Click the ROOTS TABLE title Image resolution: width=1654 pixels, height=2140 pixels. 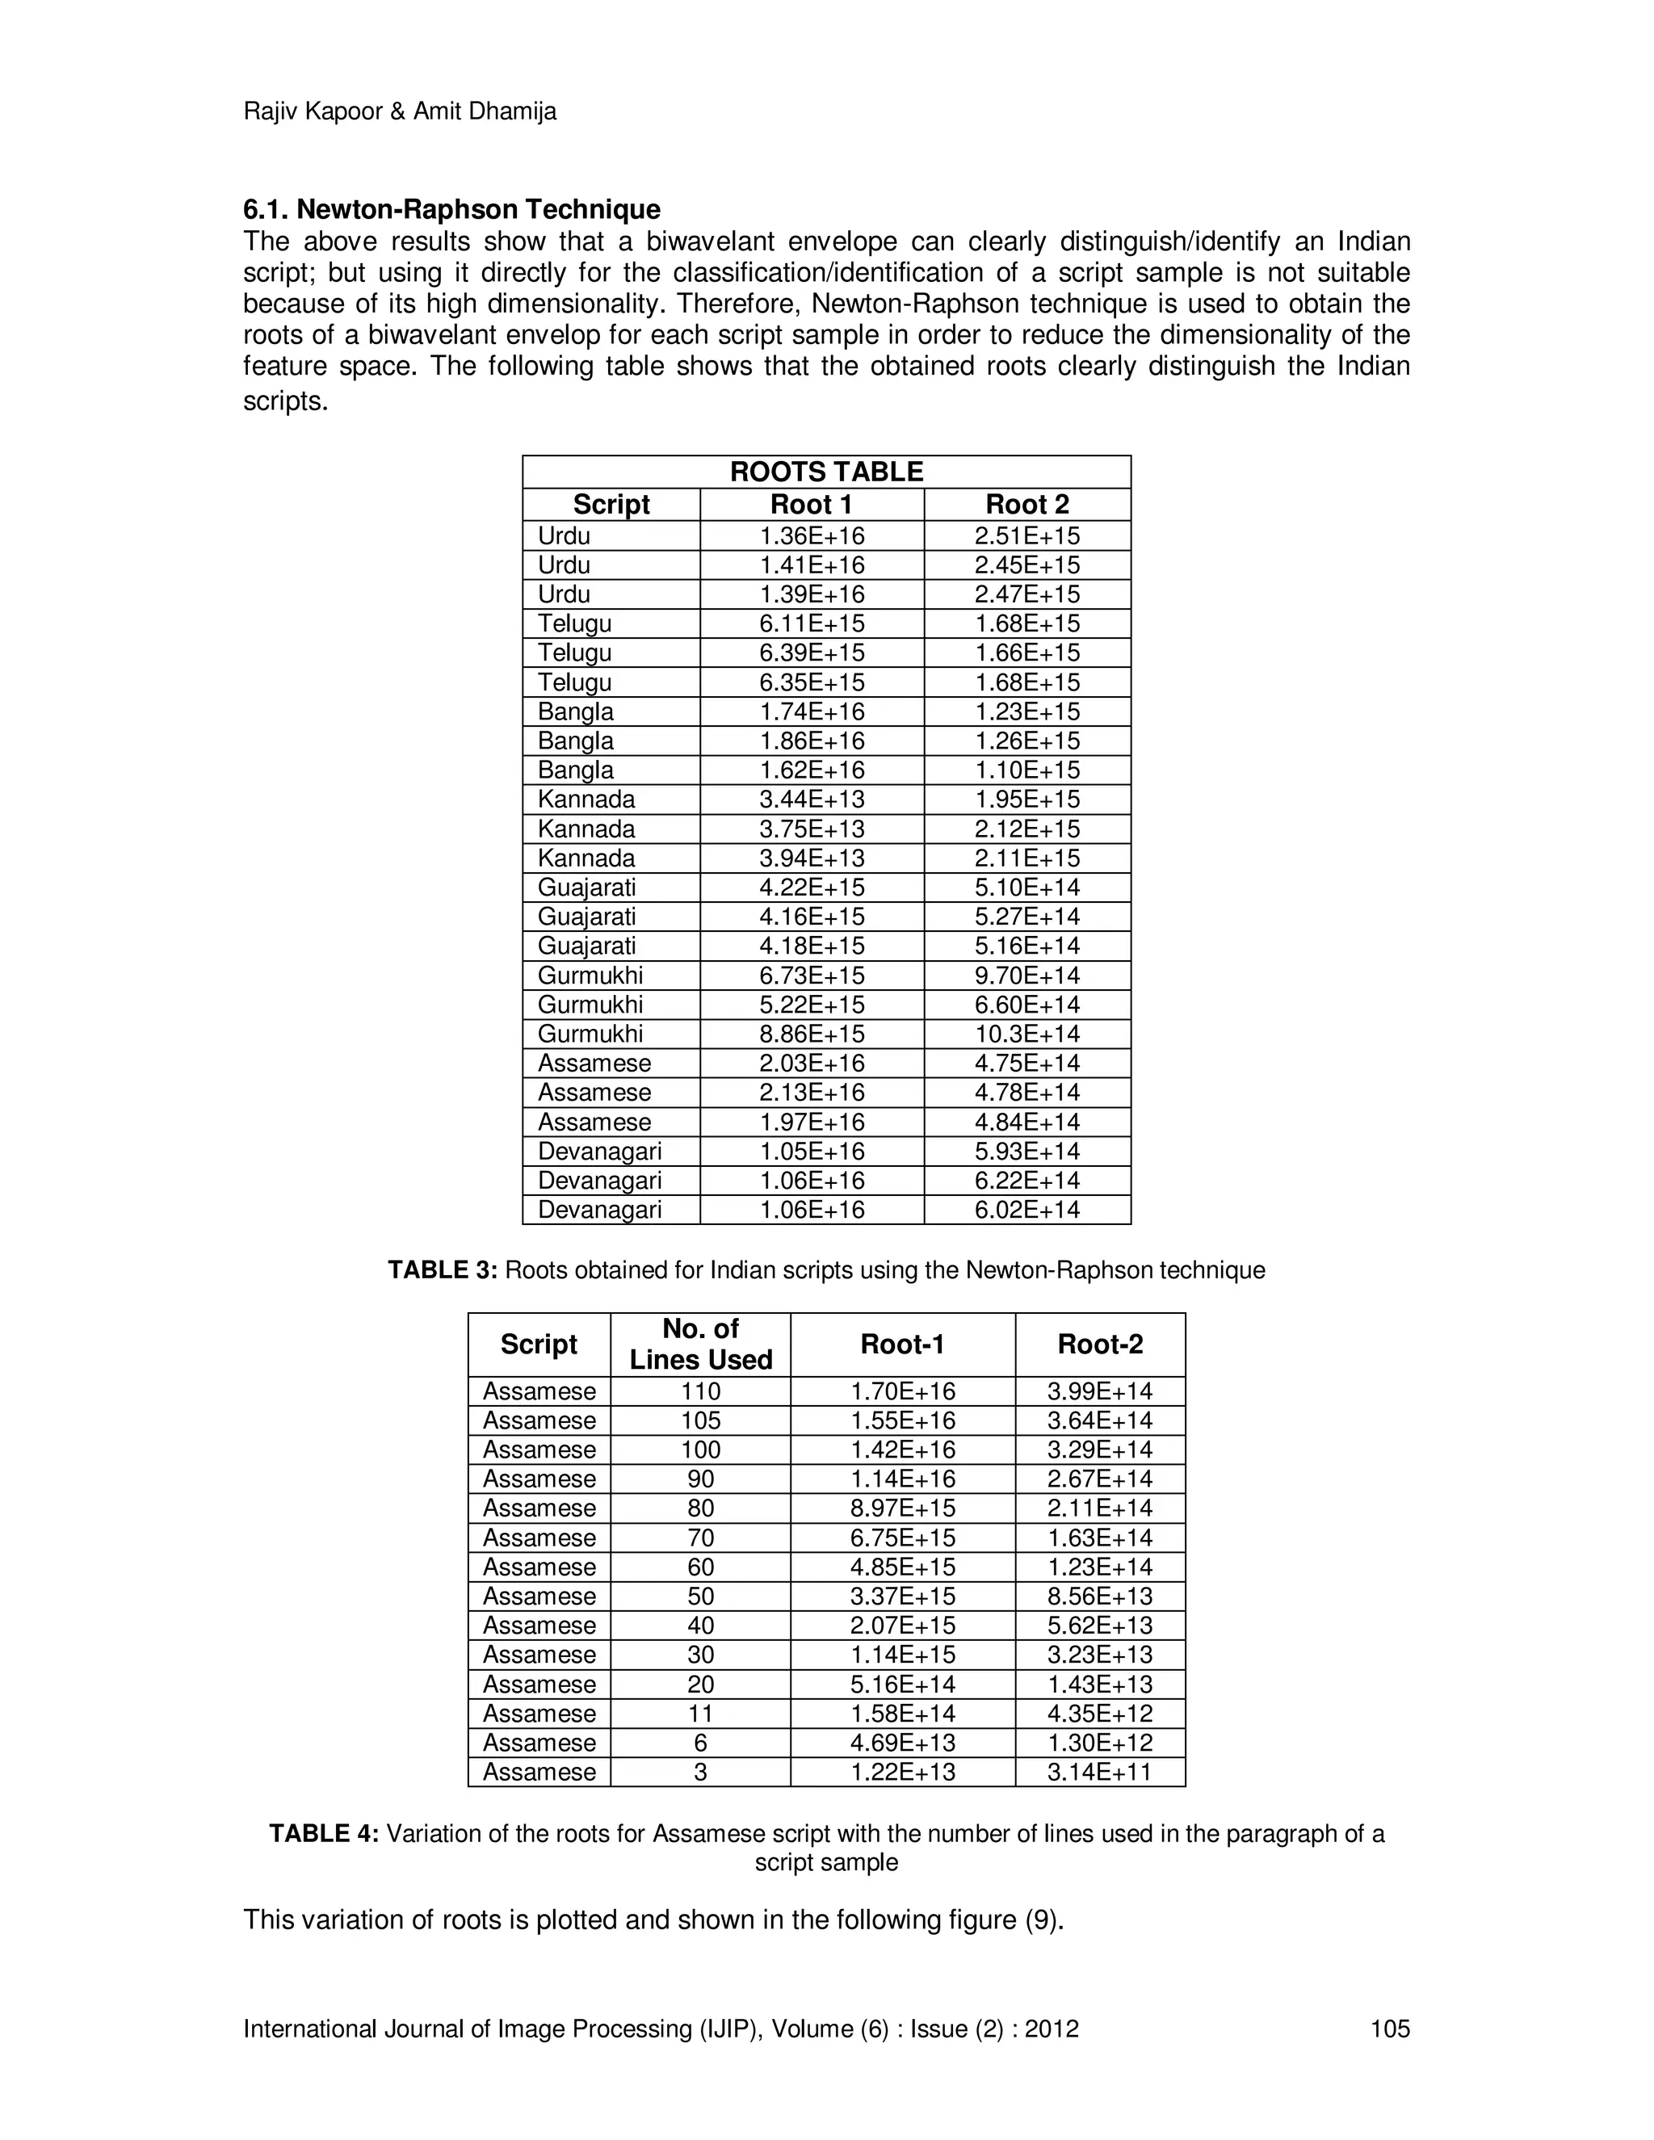826,472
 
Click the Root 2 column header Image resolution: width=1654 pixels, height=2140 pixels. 1027,505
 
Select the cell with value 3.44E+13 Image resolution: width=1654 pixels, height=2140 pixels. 812,799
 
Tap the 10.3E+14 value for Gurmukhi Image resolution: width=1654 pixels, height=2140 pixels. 1027,1034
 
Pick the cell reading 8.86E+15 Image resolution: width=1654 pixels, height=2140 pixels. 812,1034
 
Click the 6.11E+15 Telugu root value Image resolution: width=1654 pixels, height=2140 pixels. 812,624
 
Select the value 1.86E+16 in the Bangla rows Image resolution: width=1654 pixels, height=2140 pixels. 812,741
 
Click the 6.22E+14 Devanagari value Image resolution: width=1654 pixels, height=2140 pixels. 1027,1181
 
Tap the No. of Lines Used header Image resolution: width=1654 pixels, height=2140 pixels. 700,1345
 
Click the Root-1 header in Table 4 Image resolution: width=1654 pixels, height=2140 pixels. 902,1345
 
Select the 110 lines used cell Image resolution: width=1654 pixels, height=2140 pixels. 700,1391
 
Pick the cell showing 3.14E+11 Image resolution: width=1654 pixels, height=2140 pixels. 1099,1773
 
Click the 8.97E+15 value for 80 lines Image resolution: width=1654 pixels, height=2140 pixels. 902,1508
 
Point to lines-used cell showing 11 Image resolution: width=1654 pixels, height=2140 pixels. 700,1714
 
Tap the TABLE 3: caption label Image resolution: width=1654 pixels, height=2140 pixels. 443,1271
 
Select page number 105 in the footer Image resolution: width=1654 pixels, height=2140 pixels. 1389,2029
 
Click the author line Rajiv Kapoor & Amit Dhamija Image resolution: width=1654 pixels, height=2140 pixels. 400,111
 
